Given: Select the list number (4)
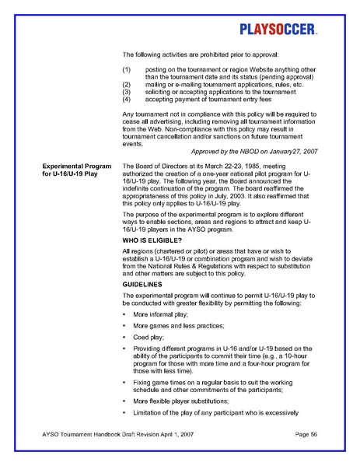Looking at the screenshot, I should click(x=128, y=100).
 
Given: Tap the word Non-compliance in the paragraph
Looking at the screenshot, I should click(x=194, y=131).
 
